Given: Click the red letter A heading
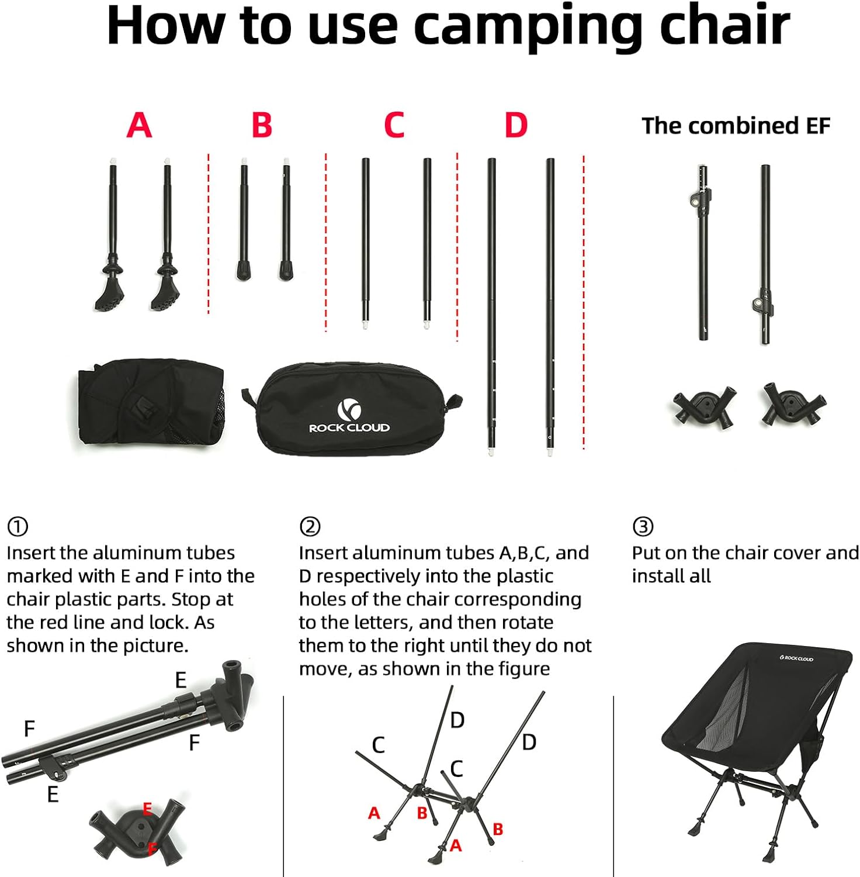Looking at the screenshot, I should coord(139,125).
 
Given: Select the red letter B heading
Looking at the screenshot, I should coord(262,125).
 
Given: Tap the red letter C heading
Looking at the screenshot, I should coord(394,125).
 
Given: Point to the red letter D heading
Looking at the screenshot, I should coord(516,125).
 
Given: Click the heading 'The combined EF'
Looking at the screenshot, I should coord(736,126).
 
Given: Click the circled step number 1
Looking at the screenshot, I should coord(17,527).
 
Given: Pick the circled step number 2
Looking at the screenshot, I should coord(310,527).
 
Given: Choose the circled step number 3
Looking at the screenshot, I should coord(643,527).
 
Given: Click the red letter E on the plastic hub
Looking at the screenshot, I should coord(147,809).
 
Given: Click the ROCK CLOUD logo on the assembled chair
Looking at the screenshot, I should coord(796,658).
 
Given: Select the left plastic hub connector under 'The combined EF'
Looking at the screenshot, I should coord(704,404).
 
